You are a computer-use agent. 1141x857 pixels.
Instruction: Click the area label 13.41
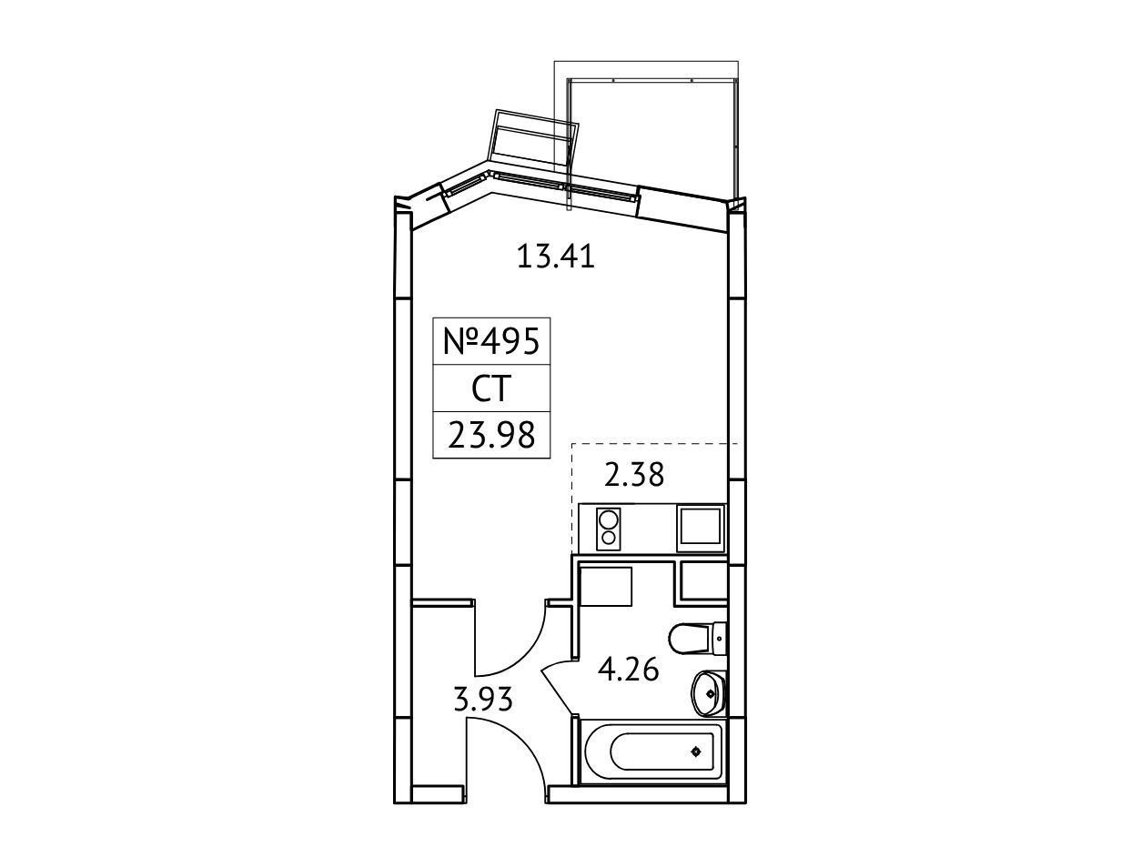[x=556, y=257]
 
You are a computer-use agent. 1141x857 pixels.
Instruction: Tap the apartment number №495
[x=491, y=341]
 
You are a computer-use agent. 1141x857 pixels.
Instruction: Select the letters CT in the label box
[x=491, y=389]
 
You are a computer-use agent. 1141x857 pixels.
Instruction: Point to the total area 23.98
[x=491, y=436]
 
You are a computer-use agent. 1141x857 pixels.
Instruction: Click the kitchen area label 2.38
[x=633, y=475]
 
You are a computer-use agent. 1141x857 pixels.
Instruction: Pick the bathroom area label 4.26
[x=629, y=669]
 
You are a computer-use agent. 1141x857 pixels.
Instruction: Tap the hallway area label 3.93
[x=483, y=699]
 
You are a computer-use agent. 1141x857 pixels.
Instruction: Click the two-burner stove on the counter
[x=609, y=529]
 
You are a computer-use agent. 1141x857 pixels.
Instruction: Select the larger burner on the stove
[x=608, y=519]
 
